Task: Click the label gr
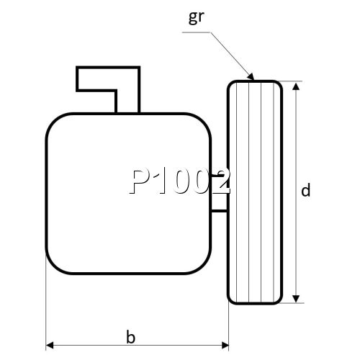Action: coord(197,17)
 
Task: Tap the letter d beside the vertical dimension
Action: coord(305,190)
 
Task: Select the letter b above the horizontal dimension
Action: coord(130,336)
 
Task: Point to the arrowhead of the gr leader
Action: coord(251,76)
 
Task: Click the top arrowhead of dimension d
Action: coord(296,86)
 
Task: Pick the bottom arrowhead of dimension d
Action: coord(296,299)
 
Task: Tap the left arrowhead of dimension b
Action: coord(50,346)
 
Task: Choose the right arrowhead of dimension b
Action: coord(225,346)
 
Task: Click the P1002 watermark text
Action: coord(180,181)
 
